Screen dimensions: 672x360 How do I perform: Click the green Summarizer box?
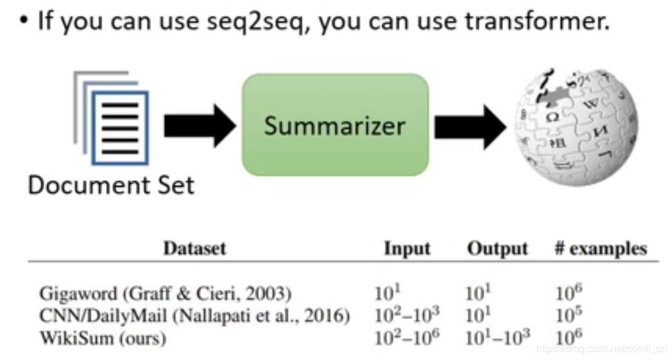[335, 125]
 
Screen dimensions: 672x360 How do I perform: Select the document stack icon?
[112, 118]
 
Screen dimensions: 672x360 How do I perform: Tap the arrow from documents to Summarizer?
[198, 125]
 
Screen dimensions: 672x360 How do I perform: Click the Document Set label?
[111, 185]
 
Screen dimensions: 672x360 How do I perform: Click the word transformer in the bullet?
[535, 22]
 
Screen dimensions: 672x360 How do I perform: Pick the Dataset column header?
[194, 248]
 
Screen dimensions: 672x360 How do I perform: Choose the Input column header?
[407, 248]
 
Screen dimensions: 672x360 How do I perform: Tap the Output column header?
[497, 248]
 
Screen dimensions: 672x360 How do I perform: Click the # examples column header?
[600, 248]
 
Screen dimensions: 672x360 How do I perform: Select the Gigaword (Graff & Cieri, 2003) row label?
[165, 293]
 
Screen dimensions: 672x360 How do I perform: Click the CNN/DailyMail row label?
[194, 316]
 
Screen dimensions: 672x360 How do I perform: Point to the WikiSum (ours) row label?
[103, 338]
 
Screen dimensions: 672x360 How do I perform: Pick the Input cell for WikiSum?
[407, 338]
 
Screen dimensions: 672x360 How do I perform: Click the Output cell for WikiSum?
[497, 338]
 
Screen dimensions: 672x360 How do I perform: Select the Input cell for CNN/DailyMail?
[407, 315]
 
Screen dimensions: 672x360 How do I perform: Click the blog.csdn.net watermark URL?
[601, 349]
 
